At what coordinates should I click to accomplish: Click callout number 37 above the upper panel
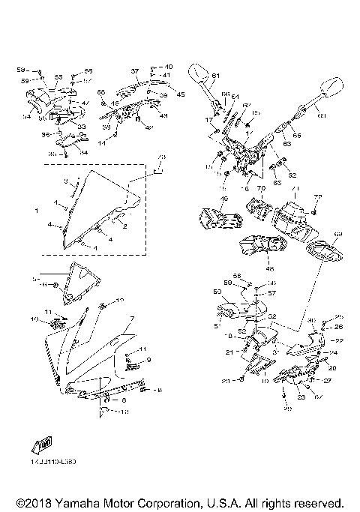click(135, 71)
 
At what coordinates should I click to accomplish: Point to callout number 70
click(262, 189)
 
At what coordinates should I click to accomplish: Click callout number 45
click(180, 94)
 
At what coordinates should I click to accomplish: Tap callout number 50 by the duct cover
click(216, 291)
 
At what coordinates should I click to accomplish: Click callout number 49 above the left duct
click(223, 199)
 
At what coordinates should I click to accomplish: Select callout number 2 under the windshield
click(124, 226)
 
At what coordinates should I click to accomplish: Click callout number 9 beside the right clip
click(148, 360)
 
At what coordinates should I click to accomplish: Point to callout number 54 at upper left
click(26, 117)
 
